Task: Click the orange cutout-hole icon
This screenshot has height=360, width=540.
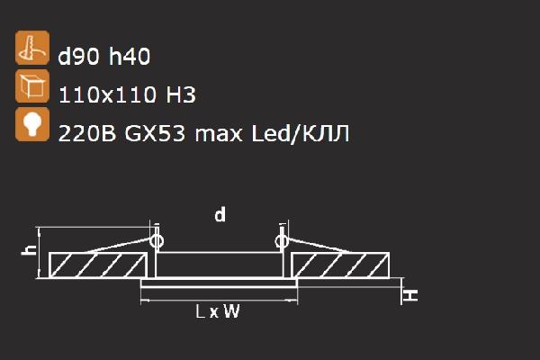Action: click(32, 48)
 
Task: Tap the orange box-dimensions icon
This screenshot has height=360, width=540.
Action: click(32, 86)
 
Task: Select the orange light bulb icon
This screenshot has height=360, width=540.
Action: click(32, 124)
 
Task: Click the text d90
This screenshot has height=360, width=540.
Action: click(79, 56)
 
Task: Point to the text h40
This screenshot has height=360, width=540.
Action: click(130, 56)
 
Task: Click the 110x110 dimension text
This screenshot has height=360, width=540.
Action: click(107, 94)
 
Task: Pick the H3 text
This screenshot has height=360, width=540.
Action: click(181, 94)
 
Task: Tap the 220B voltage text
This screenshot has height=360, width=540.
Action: click(87, 133)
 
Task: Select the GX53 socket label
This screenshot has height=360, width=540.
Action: click(155, 133)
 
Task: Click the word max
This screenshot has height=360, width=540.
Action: click(219, 134)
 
